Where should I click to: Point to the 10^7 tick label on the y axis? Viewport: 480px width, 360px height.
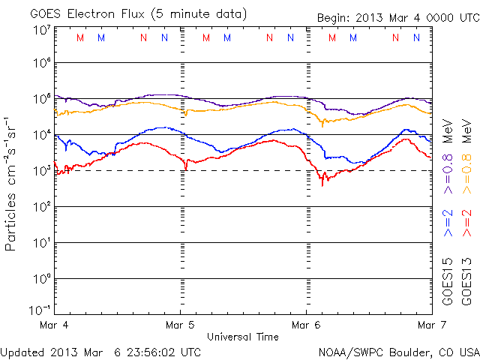[x=40, y=30]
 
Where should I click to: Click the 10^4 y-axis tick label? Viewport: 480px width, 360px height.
[x=40, y=135]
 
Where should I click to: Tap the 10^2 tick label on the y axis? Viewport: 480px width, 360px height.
[x=40, y=207]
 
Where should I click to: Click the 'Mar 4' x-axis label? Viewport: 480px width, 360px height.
[x=56, y=325]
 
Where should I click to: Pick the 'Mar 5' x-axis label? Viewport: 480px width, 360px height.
[x=180, y=325]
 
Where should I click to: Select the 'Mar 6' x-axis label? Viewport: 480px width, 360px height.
[x=306, y=325]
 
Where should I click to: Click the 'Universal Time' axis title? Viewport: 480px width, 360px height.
[x=243, y=337]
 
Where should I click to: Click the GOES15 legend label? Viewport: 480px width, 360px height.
[x=448, y=281]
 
